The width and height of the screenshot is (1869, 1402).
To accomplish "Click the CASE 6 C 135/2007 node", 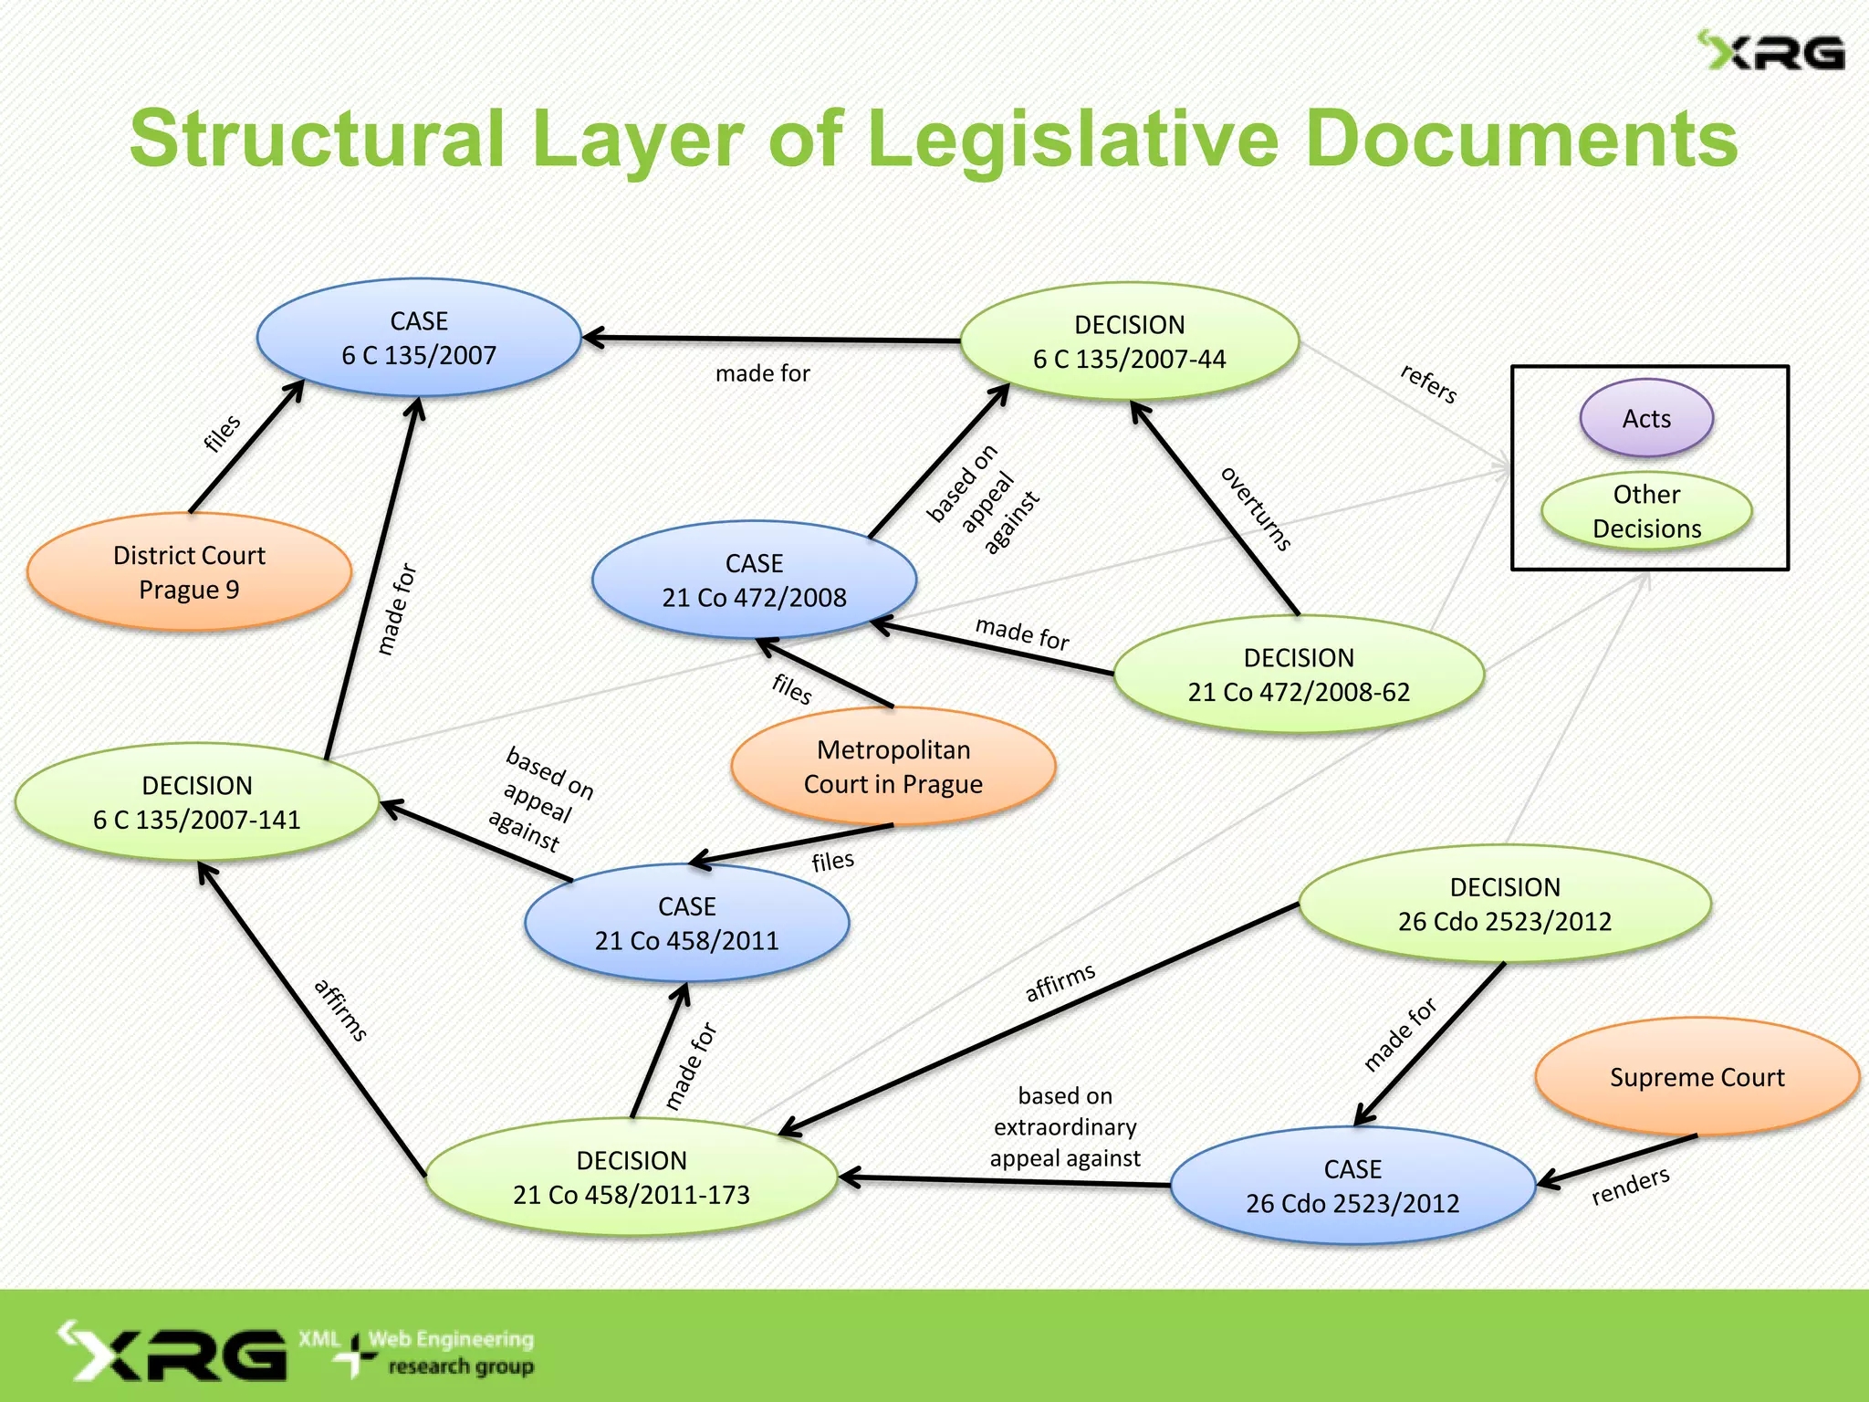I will tap(419, 338).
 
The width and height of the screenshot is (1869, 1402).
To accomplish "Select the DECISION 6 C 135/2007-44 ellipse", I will tap(1129, 341).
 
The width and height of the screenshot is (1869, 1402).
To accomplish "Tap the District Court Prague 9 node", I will tap(189, 572).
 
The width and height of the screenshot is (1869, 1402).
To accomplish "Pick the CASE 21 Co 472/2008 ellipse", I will tap(754, 580).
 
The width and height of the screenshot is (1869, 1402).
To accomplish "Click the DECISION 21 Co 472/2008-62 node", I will tap(1299, 675).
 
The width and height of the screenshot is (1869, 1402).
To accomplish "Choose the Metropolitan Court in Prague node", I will tap(893, 767).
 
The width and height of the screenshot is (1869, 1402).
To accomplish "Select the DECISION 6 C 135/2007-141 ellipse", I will tap(197, 802).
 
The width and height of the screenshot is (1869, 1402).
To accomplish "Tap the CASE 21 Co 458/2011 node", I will tap(686, 923).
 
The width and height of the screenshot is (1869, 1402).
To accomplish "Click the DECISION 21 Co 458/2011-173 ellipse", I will tap(632, 1177).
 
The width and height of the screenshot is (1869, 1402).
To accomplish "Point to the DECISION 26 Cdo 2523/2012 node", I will tap(1505, 904).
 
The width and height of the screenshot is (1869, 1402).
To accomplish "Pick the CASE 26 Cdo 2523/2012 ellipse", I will tap(1352, 1186).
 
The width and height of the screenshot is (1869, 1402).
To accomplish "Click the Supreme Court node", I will tap(1697, 1077).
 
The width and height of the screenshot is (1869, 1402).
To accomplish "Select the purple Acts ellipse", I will tap(1646, 419).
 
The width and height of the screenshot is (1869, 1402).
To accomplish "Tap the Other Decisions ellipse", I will tap(1646, 511).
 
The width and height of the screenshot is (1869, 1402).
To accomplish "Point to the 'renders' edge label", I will tap(1630, 1186).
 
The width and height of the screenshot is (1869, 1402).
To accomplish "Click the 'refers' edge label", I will tap(1429, 383).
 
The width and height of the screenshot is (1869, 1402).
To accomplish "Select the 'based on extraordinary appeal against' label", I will tap(1065, 1126).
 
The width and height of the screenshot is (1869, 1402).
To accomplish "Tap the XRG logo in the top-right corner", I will tap(1770, 51).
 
